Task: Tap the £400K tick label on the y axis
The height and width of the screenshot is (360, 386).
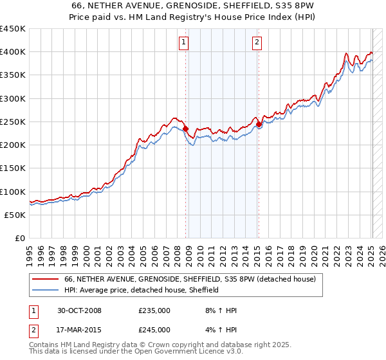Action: (x=13, y=52)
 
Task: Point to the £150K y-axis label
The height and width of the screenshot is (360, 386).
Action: (x=13, y=168)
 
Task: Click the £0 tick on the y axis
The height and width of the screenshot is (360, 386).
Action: (x=19, y=239)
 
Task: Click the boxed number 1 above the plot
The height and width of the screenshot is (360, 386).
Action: (x=184, y=42)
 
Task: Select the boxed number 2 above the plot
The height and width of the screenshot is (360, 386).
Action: (x=257, y=42)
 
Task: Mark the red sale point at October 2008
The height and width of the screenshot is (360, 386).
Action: (x=186, y=129)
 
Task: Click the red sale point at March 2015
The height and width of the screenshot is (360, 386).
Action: (x=258, y=124)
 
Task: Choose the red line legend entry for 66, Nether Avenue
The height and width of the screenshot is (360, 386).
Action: (x=190, y=280)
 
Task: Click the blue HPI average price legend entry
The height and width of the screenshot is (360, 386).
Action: (x=142, y=290)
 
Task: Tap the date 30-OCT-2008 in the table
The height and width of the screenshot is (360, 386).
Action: (x=79, y=310)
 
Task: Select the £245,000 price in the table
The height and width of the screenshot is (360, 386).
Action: (x=154, y=330)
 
